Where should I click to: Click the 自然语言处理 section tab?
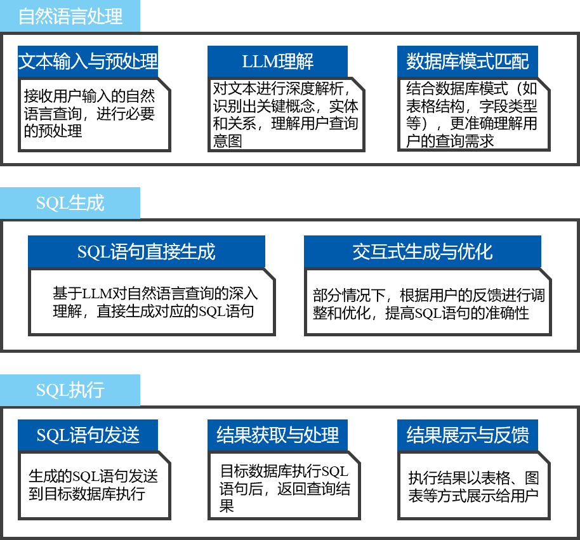coord(70,16)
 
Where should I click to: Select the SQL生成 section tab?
coord(70,203)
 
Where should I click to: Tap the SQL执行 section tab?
coord(70,390)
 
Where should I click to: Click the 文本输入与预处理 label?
coord(88,62)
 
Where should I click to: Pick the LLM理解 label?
coord(277,62)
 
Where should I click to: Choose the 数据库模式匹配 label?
coord(467,62)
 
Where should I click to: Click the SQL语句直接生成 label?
coord(146,251)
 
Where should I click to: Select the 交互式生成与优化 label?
coord(422,251)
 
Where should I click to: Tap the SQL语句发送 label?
coord(88,435)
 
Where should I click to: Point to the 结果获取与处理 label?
coord(277,435)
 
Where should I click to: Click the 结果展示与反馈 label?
coord(467,435)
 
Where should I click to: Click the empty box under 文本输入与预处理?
coord(94,115)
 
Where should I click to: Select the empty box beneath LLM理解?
coord(286,115)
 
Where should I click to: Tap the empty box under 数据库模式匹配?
coord(473,115)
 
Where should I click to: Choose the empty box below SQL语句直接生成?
coord(152,301)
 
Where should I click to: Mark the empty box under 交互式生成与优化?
coord(428,301)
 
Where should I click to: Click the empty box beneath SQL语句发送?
coord(94,485)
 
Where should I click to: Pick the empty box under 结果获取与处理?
coord(284,485)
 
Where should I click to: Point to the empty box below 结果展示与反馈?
coord(473,485)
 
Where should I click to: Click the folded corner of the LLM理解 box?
coord(358,86)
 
